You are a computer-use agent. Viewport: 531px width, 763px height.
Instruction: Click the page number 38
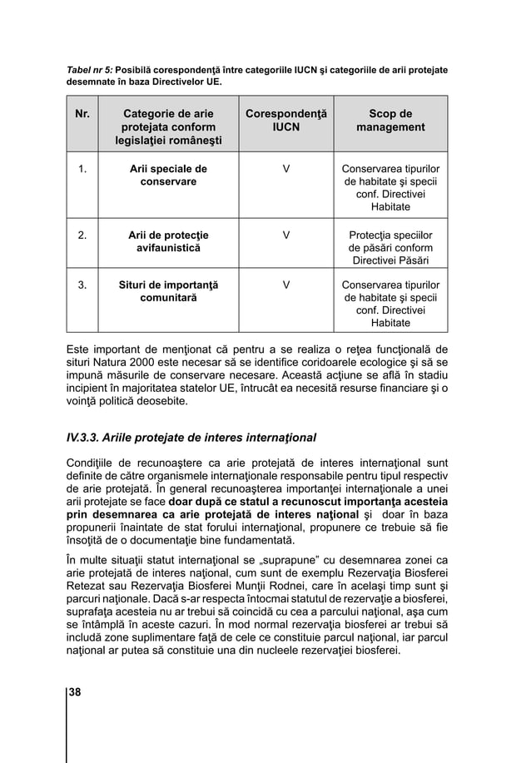point(75,693)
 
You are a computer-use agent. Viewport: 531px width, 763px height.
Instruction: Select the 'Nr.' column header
point(82,113)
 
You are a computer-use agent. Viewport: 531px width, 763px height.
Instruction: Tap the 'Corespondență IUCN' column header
point(286,120)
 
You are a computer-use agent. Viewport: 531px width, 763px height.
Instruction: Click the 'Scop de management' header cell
point(390,120)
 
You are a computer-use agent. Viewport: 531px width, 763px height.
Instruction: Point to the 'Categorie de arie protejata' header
point(167,127)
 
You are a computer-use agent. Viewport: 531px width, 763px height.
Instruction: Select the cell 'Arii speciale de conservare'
point(167,175)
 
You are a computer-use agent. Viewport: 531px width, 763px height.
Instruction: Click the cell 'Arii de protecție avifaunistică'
point(167,241)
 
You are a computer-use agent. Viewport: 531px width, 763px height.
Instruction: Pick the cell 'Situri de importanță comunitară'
point(167,291)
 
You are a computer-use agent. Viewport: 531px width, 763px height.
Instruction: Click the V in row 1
point(286,169)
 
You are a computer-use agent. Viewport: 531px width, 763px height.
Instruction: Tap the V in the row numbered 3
point(286,285)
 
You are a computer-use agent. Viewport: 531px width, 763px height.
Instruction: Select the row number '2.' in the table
point(82,235)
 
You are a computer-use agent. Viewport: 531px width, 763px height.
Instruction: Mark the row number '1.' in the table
point(82,169)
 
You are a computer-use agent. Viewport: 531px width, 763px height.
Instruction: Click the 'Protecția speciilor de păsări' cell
point(390,248)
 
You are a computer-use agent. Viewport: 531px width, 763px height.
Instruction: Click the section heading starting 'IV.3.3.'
point(191,437)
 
